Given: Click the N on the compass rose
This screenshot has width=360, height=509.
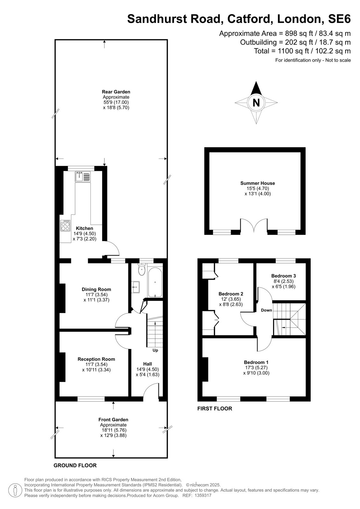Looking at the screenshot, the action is coord(256,103).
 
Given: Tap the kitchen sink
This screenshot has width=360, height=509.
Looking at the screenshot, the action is coord(83,177).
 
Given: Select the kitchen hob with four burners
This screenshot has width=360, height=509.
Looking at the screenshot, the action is coord(65,226).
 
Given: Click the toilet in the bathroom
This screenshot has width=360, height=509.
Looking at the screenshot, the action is coord(142,269).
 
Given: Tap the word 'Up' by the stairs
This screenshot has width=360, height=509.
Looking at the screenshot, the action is coord(155,350).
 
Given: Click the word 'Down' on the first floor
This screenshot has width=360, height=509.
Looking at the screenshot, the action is coord(266,310).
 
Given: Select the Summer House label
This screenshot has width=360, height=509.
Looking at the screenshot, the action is coord(258,183).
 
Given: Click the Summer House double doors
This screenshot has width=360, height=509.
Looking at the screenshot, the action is coord(254,225).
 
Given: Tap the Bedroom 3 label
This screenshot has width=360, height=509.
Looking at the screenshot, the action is coord(283,276).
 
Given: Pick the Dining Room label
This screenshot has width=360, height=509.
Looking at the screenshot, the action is coord(96,289).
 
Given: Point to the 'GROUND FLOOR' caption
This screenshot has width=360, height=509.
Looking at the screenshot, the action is coord(75,465).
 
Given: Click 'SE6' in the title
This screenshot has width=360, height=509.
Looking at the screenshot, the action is coord(339,19).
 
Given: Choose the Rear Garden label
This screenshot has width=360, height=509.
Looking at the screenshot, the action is coord(116,92).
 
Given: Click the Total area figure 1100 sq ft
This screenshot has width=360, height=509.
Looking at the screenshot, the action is coord(293,51).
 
